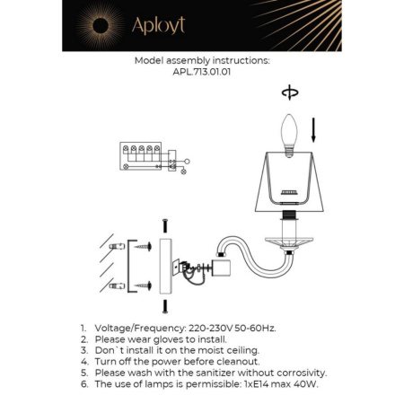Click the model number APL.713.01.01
(201, 75)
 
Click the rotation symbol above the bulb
(288, 92)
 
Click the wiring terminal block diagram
(142, 158)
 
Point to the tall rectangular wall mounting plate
(165, 266)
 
